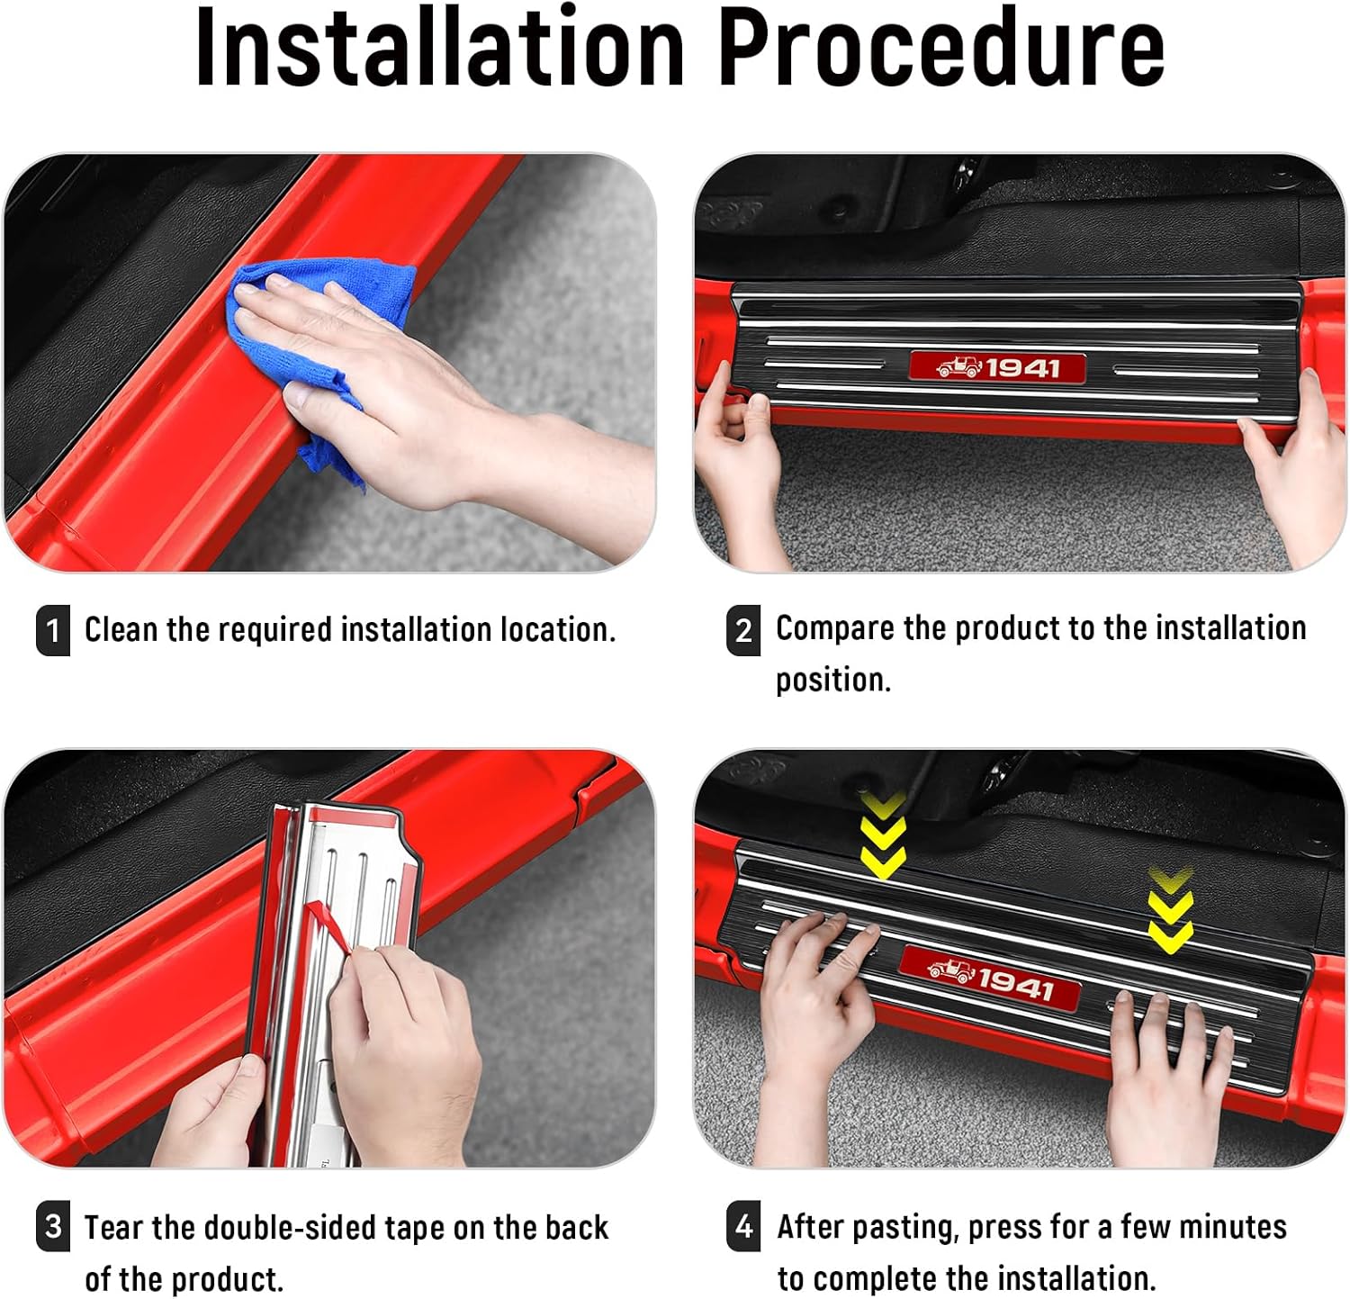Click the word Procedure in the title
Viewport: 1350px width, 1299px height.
(940, 47)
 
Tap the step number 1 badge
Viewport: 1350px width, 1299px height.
(53, 630)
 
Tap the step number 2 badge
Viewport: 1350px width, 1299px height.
(743, 630)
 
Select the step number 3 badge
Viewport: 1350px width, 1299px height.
(53, 1227)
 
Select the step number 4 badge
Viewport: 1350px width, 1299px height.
(743, 1226)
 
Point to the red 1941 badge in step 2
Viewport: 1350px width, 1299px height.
(997, 367)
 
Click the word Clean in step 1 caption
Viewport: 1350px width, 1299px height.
(121, 629)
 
